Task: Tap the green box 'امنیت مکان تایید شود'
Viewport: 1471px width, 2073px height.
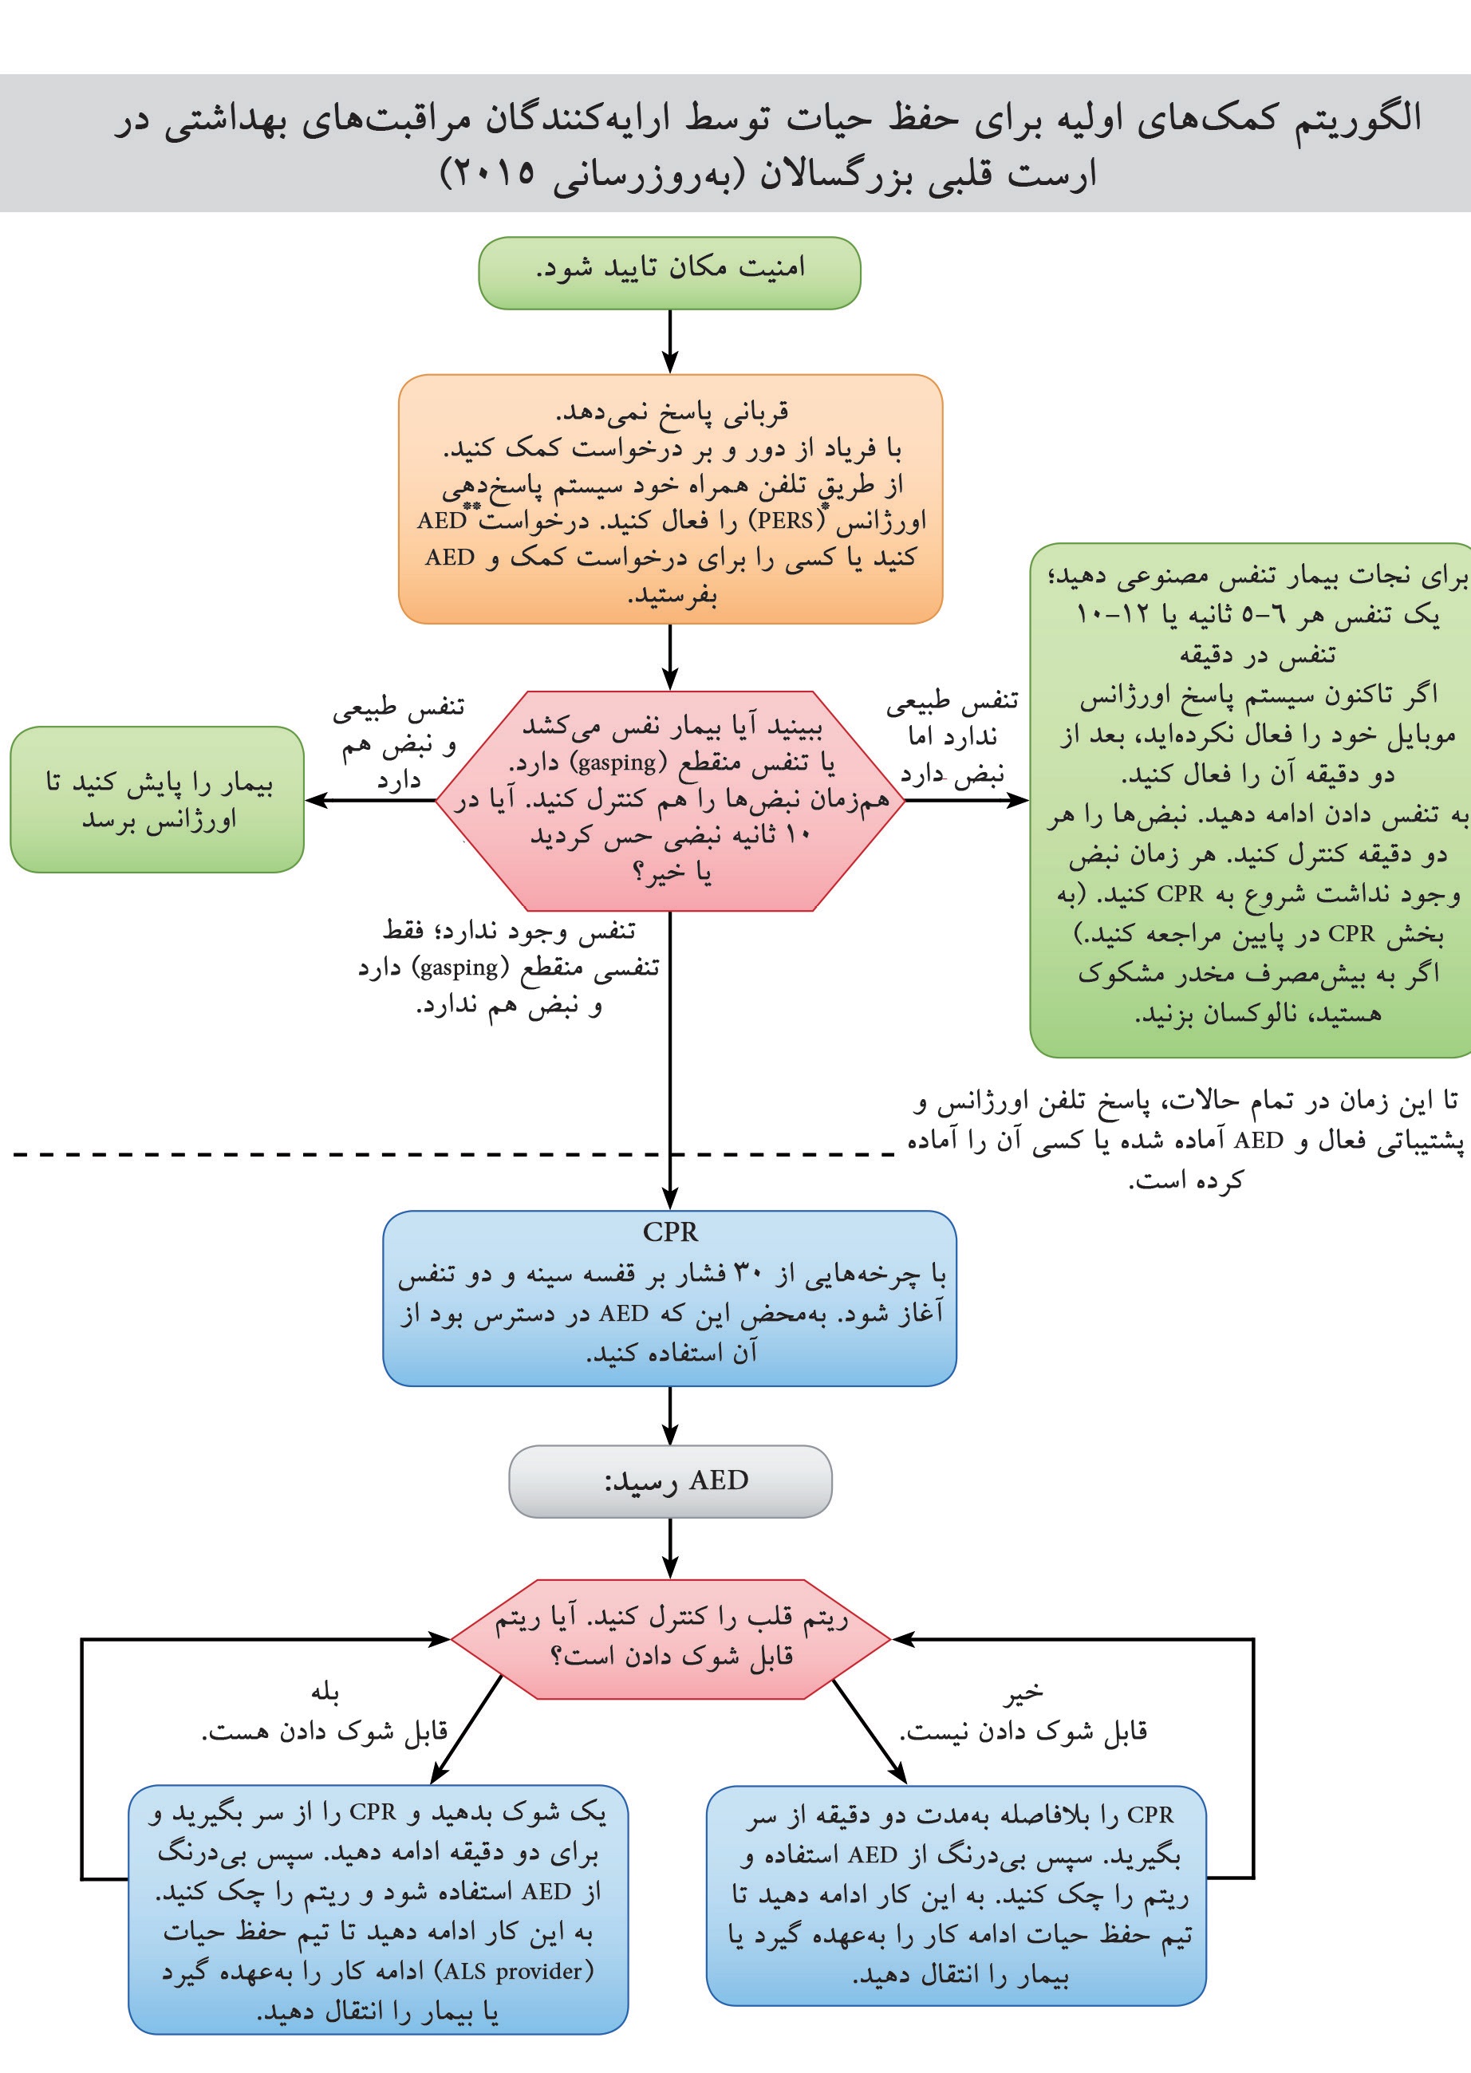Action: click(668, 273)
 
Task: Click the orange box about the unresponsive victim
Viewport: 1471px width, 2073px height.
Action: click(670, 499)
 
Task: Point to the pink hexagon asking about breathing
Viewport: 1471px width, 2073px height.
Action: click(670, 801)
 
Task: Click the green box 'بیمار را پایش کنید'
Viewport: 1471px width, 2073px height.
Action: click(156, 800)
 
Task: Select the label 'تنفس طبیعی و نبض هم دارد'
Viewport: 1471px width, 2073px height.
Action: click(399, 743)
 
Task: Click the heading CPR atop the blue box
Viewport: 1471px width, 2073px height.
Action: click(670, 1232)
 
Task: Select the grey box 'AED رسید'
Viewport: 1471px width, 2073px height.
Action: click(670, 1480)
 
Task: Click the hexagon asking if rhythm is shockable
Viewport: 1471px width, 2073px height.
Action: click(670, 1639)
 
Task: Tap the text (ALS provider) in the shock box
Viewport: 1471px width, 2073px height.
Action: click(515, 1971)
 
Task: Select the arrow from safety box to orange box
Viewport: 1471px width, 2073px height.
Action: click(670, 341)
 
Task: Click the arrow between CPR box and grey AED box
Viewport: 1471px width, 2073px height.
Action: click(670, 1416)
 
